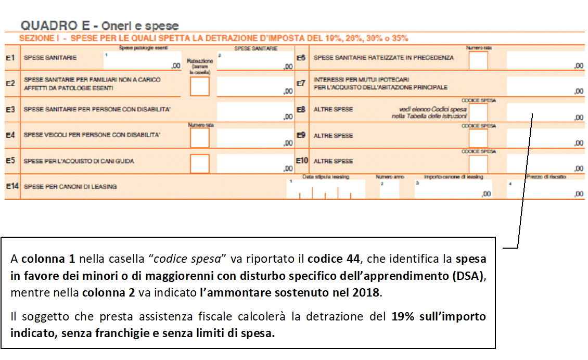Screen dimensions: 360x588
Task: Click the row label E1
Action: (x=10, y=58)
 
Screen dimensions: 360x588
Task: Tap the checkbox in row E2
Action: (x=200, y=86)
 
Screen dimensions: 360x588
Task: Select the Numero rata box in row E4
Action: (x=200, y=138)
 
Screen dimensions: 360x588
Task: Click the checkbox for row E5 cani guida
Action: (x=200, y=163)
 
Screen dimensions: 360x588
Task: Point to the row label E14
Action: (x=12, y=186)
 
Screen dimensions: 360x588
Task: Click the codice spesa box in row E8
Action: (x=478, y=112)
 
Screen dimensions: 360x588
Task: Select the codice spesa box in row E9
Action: (x=478, y=138)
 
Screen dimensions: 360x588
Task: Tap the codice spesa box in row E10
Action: (x=478, y=163)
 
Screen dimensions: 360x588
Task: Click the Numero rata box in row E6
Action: (x=478, y=61)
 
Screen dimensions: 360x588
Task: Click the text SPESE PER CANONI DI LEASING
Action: (x=70, y=186)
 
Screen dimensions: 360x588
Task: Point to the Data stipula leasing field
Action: (x=325, y=190)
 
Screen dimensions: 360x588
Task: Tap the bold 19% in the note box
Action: (x=402, y=317)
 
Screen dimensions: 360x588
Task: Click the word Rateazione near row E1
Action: (x=200, y=61)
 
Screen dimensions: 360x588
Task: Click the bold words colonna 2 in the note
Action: (x=108, y=292)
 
